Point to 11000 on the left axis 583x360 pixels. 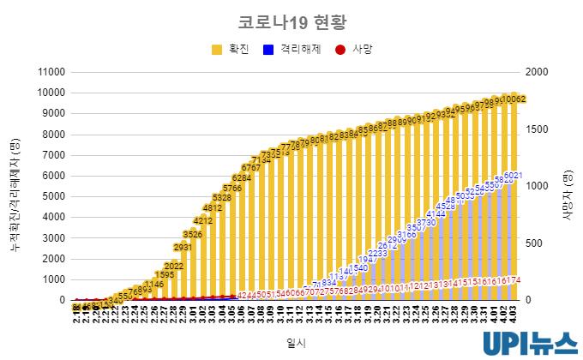(51, 72)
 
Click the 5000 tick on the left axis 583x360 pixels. (53, 196)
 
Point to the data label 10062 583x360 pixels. (514, 99)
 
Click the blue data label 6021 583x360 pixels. (513, 176)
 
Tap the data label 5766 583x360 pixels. (232, 188)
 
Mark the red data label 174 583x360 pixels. (513, 280)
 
